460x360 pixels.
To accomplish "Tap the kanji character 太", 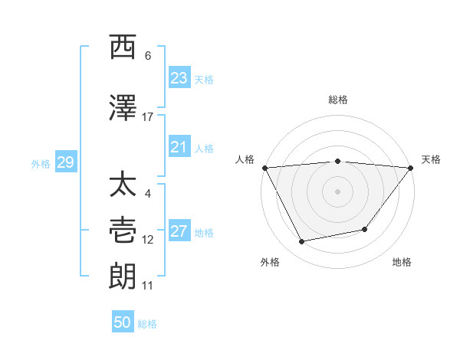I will point(123,185).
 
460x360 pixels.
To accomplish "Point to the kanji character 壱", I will point(123,231).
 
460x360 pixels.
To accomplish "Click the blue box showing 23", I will point(179,78).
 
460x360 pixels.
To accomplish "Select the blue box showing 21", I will point(179,147).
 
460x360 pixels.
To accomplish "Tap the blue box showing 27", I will point(179,231).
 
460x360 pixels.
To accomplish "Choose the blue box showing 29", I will point(65,162).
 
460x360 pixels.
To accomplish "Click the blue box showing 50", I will point(123,322).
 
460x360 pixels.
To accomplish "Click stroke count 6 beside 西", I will point(147,56).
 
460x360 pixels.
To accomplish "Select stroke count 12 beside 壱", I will point(147,240).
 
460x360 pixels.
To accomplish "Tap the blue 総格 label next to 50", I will point(147,324).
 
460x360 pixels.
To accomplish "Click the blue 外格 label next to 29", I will point(41,163).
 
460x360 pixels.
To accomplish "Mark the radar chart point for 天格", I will point(412,168).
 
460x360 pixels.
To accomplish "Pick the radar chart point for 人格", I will point(264,168).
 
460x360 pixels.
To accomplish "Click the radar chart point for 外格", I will point(302,242).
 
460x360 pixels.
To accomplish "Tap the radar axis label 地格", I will point(402,263).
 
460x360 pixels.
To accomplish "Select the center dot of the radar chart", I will point(338,191).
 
